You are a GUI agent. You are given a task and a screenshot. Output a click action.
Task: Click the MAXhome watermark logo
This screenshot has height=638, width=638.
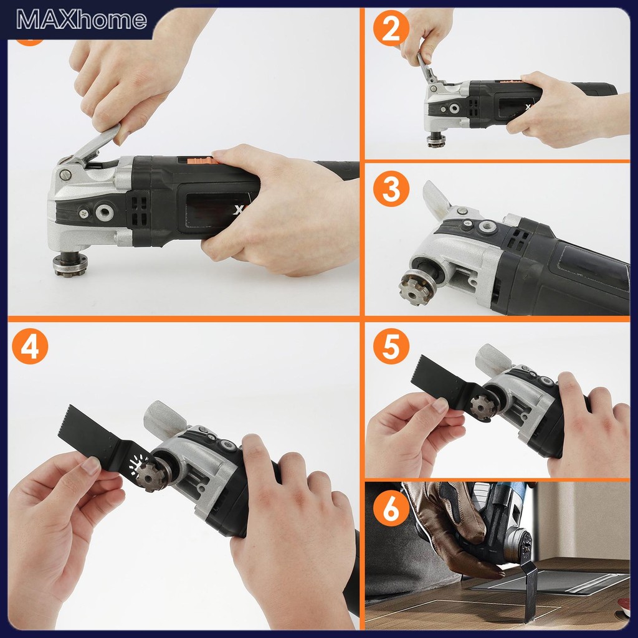[x=82, y=19]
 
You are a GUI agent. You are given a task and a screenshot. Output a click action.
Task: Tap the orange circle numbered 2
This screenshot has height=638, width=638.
[x=391, y=28]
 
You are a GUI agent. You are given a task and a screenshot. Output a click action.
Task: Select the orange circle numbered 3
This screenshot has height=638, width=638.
[x=391, y=189]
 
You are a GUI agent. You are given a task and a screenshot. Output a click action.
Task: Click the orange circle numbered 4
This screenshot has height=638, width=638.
[x=30, y=346]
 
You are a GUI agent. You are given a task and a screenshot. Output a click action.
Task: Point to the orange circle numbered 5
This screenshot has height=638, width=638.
[x=391, y=346]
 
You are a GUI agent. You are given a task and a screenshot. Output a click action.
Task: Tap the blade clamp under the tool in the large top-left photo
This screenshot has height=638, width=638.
[x=70, y=263]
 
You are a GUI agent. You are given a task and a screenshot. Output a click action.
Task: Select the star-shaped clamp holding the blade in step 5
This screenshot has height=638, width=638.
[x=483, y=406]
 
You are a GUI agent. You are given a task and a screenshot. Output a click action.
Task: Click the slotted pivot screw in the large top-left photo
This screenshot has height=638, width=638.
[x=65, y=175]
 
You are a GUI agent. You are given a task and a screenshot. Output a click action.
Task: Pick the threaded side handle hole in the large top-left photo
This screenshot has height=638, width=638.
[x=105, y=212]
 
